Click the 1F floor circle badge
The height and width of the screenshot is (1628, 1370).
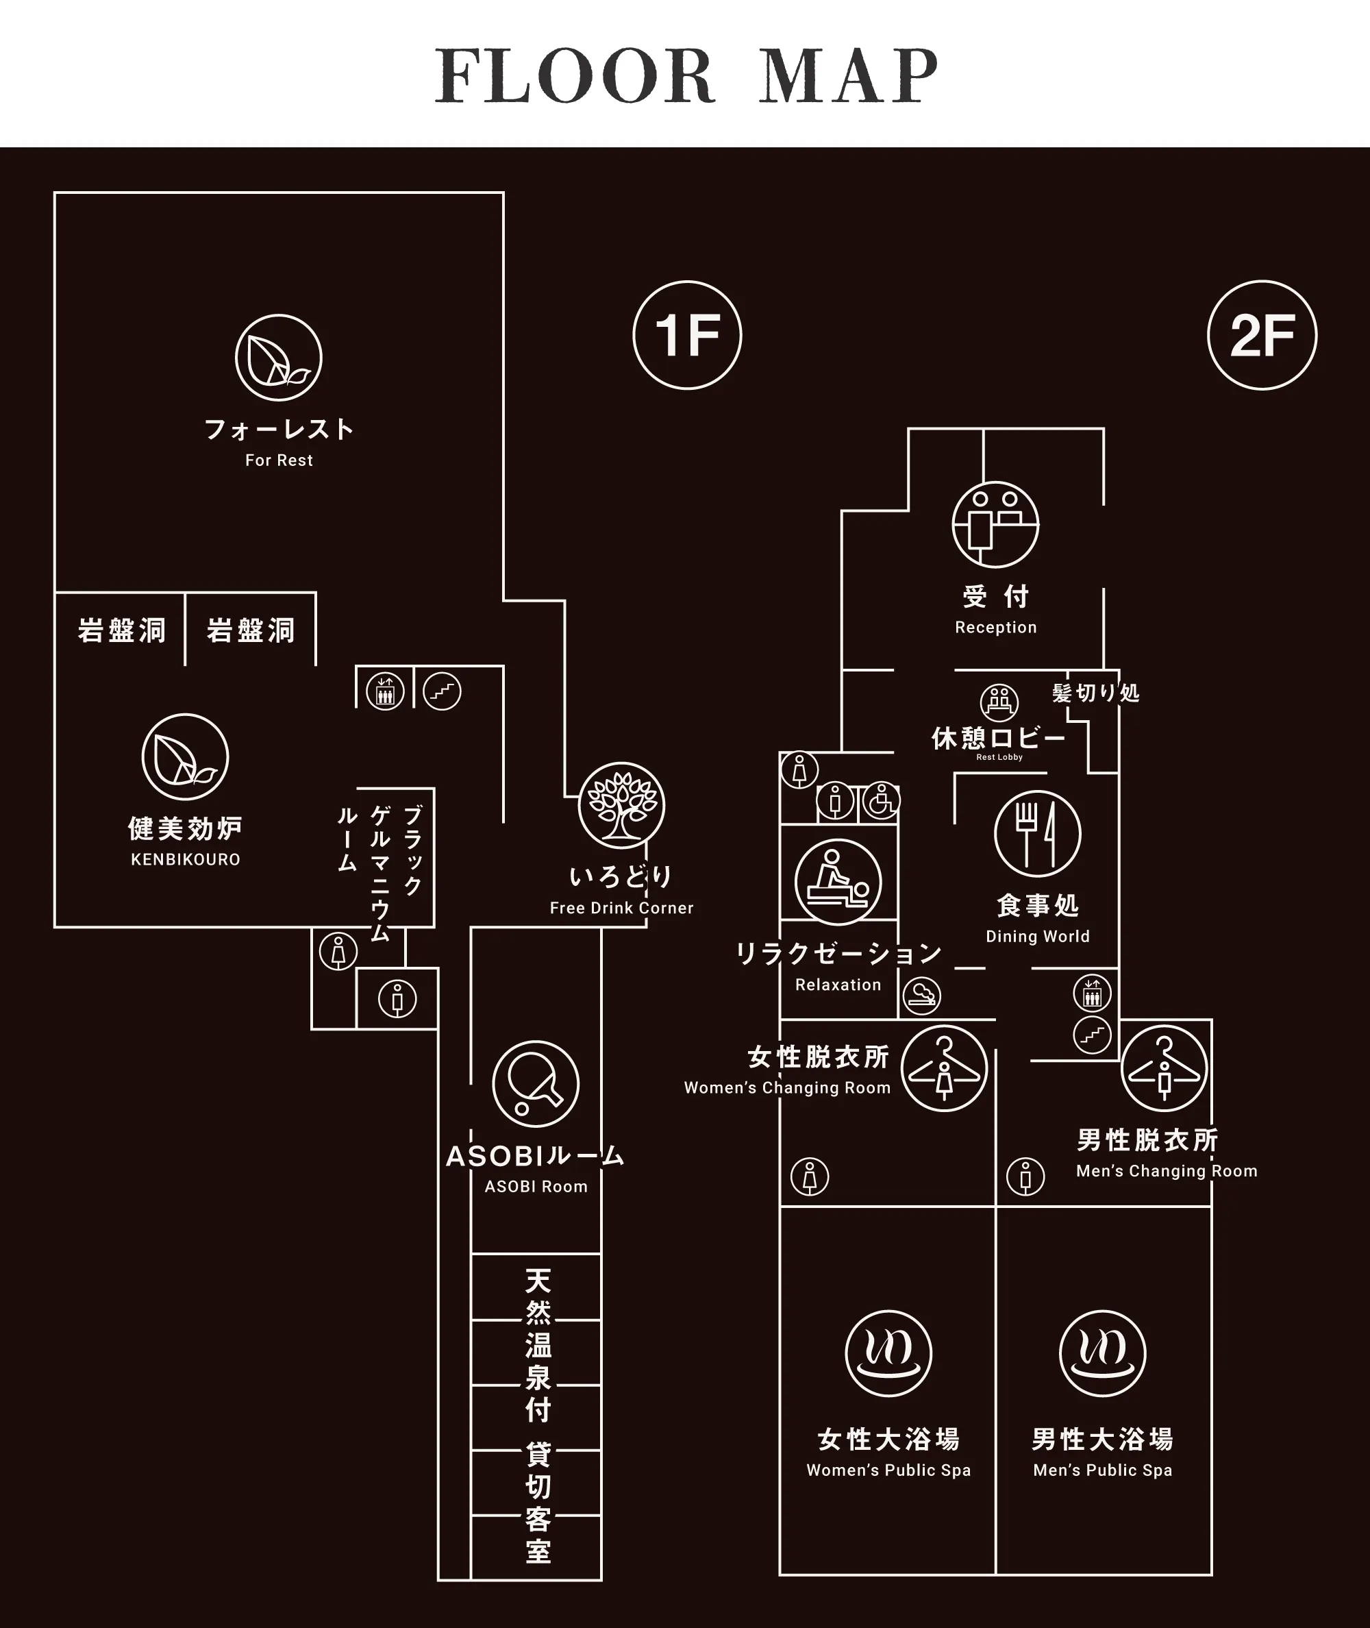[x=687, y=335]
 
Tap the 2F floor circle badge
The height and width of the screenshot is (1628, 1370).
[x=1262, y=335]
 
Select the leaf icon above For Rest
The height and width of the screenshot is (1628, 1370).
[x=279, y=358]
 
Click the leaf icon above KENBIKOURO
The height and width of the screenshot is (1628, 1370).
[x=185, y=757]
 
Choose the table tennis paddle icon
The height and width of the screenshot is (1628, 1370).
[x=536, y=1084]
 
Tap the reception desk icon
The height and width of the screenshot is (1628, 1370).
[x=996, y=524]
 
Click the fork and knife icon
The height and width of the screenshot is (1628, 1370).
[x=1038, y=834]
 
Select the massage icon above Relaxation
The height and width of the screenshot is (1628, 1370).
[x=838, y=882]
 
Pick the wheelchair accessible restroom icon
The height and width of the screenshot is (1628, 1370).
[x=881, y=801]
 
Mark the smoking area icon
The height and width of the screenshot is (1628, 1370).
[x=922, y=995]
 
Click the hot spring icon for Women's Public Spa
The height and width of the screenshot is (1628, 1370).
[x=888, y=1354]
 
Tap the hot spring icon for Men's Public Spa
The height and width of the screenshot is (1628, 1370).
[x=1103, y=1354]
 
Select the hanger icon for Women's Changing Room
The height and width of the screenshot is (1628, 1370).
[x=945, y=1069]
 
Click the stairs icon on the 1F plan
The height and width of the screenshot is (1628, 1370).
[x=443, y=691]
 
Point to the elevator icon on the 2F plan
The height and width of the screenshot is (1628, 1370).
[x=1092, y=994]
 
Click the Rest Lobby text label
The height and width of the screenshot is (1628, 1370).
[x=999, y=757]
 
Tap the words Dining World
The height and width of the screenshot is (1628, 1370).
[x=1038, y=937]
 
